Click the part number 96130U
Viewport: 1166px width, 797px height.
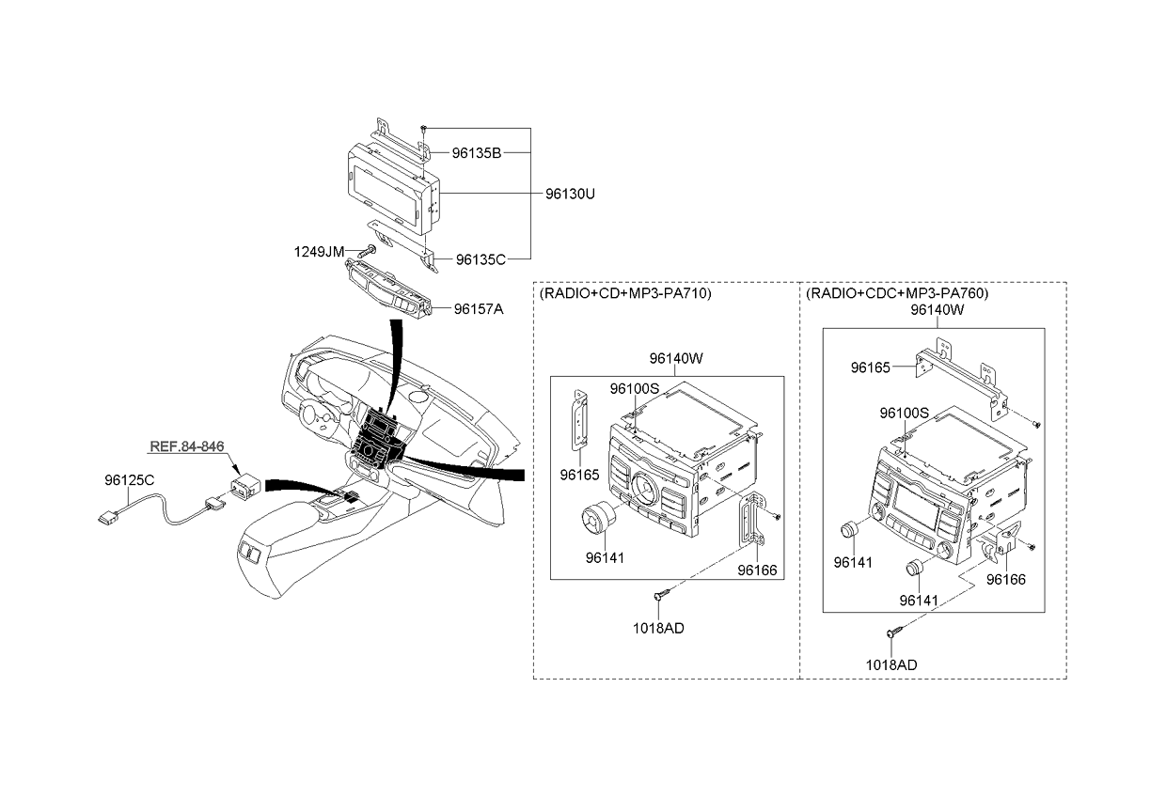[570, 194]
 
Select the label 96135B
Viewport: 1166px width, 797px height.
[477, 153]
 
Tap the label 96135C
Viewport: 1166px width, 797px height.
[481, 259]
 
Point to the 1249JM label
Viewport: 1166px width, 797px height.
[319, 252]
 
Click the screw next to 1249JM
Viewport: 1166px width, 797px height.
[368, 251]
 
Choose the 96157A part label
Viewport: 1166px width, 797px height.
[479, 309]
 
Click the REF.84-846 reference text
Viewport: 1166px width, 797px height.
[187, 446]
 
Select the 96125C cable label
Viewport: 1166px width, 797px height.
[130, 480]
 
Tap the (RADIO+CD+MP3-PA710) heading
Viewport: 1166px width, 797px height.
[625, 293]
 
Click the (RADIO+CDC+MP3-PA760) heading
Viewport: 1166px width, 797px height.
[897, 293]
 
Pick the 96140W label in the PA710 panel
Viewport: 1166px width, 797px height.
[676, 358]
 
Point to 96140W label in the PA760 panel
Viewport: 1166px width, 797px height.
[937, 310]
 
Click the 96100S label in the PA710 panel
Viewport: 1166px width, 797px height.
[635, 388]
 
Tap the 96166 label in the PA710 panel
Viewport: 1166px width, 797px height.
[757, 570]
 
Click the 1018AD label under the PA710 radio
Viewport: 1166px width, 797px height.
[658, 629]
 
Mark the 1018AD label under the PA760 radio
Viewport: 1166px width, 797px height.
[891, 665]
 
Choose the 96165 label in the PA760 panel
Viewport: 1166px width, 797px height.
[871, 367]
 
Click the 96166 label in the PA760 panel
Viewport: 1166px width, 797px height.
[1006, 580]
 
